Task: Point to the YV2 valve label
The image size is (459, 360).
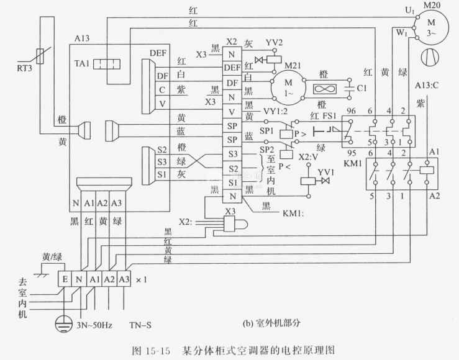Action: point(275,44)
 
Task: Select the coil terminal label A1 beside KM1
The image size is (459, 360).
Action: point(417,151)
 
